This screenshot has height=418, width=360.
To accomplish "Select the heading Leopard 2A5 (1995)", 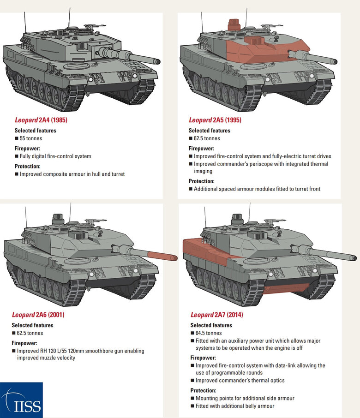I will point(215,120).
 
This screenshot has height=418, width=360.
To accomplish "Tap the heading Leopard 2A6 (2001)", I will point(38,315).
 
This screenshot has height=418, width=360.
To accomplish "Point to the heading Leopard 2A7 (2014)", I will point(216,315).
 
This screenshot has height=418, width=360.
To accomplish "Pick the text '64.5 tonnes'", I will point(209,333).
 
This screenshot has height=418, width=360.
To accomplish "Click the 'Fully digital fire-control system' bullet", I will point(55,156).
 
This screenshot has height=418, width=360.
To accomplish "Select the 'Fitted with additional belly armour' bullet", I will point(235,406).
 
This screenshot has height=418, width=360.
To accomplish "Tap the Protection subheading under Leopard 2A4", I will point(27,166).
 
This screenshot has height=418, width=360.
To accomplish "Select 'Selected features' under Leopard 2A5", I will point(210,131).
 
